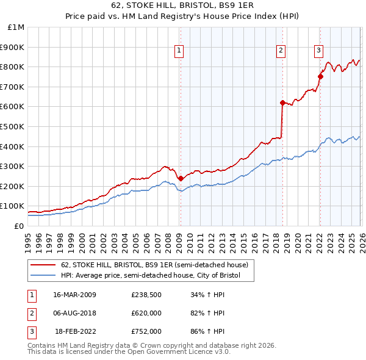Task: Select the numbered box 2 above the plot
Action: [x=281, y=51]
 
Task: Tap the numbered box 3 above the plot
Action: [x=318, y=51]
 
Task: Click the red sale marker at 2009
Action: [x=181, y=179]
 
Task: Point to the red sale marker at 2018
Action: [x=282, y=103]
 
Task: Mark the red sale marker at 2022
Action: [x=320, y=76]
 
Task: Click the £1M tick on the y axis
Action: [x=16, y=27]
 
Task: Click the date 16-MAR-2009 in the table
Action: [x=74, y=295]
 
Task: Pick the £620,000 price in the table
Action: [x=146, y=313]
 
